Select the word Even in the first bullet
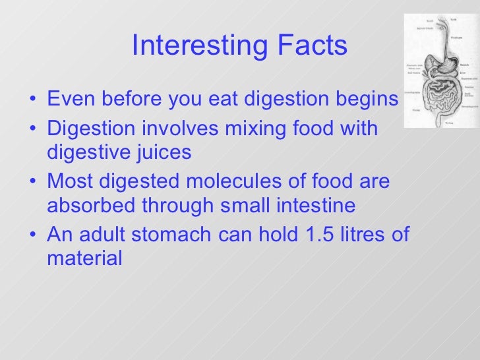click(x=69, y=100)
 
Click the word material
click(x=84, y=259)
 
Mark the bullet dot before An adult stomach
click(x=34, y=235)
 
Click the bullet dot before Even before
click(x=34, y=101)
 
